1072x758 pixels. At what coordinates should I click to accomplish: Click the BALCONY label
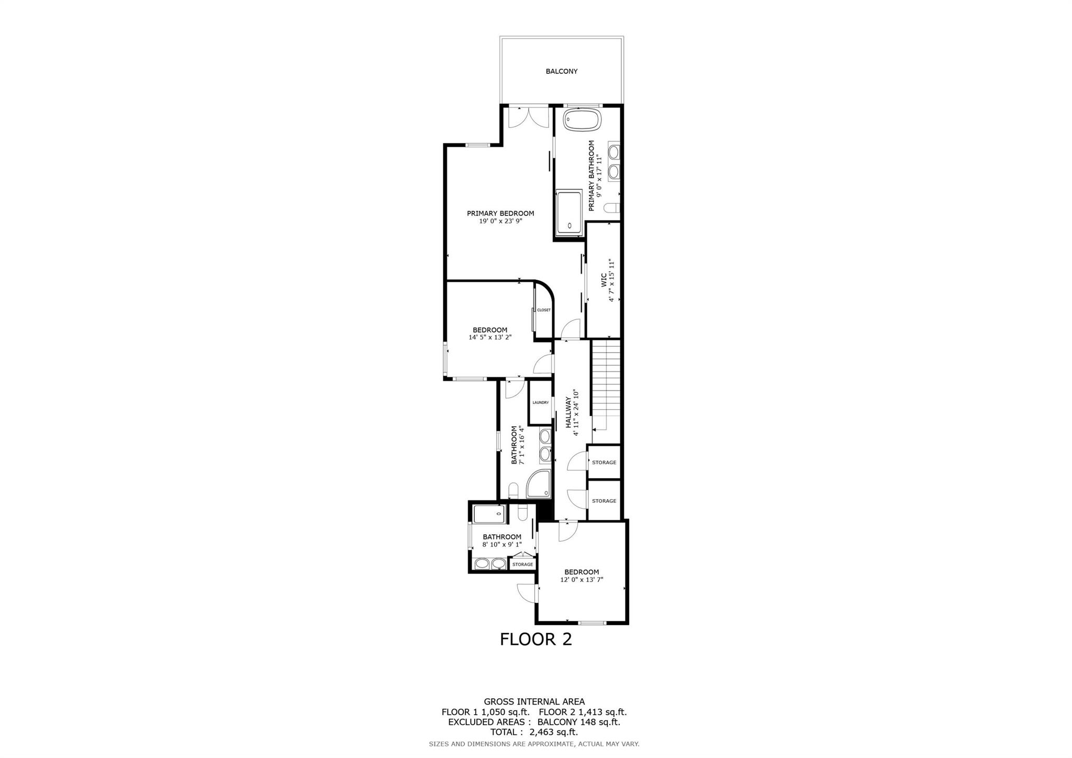coord(561,71)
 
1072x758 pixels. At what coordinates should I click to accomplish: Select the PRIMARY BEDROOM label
coord(500,213)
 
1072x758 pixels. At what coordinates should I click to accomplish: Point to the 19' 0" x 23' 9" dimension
coord(500,221)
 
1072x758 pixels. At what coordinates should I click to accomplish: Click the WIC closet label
coord(604,279)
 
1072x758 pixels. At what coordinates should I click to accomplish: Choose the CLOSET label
coord(544,310)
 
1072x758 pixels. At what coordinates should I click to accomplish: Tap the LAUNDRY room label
coord(540,402)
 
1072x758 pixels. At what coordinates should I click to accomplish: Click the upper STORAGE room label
coord(604,463)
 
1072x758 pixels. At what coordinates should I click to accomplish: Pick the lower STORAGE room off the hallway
coord(604,501)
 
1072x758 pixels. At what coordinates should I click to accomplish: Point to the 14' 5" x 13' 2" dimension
coord(489,338)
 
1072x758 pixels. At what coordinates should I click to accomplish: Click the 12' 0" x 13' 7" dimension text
coord(582,580)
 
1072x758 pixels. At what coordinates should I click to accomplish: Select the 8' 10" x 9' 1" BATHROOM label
coord(502,537)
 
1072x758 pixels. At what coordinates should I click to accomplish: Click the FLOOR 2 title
coord(535,639)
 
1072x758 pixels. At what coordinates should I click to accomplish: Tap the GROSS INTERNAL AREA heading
coord(534,701)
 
